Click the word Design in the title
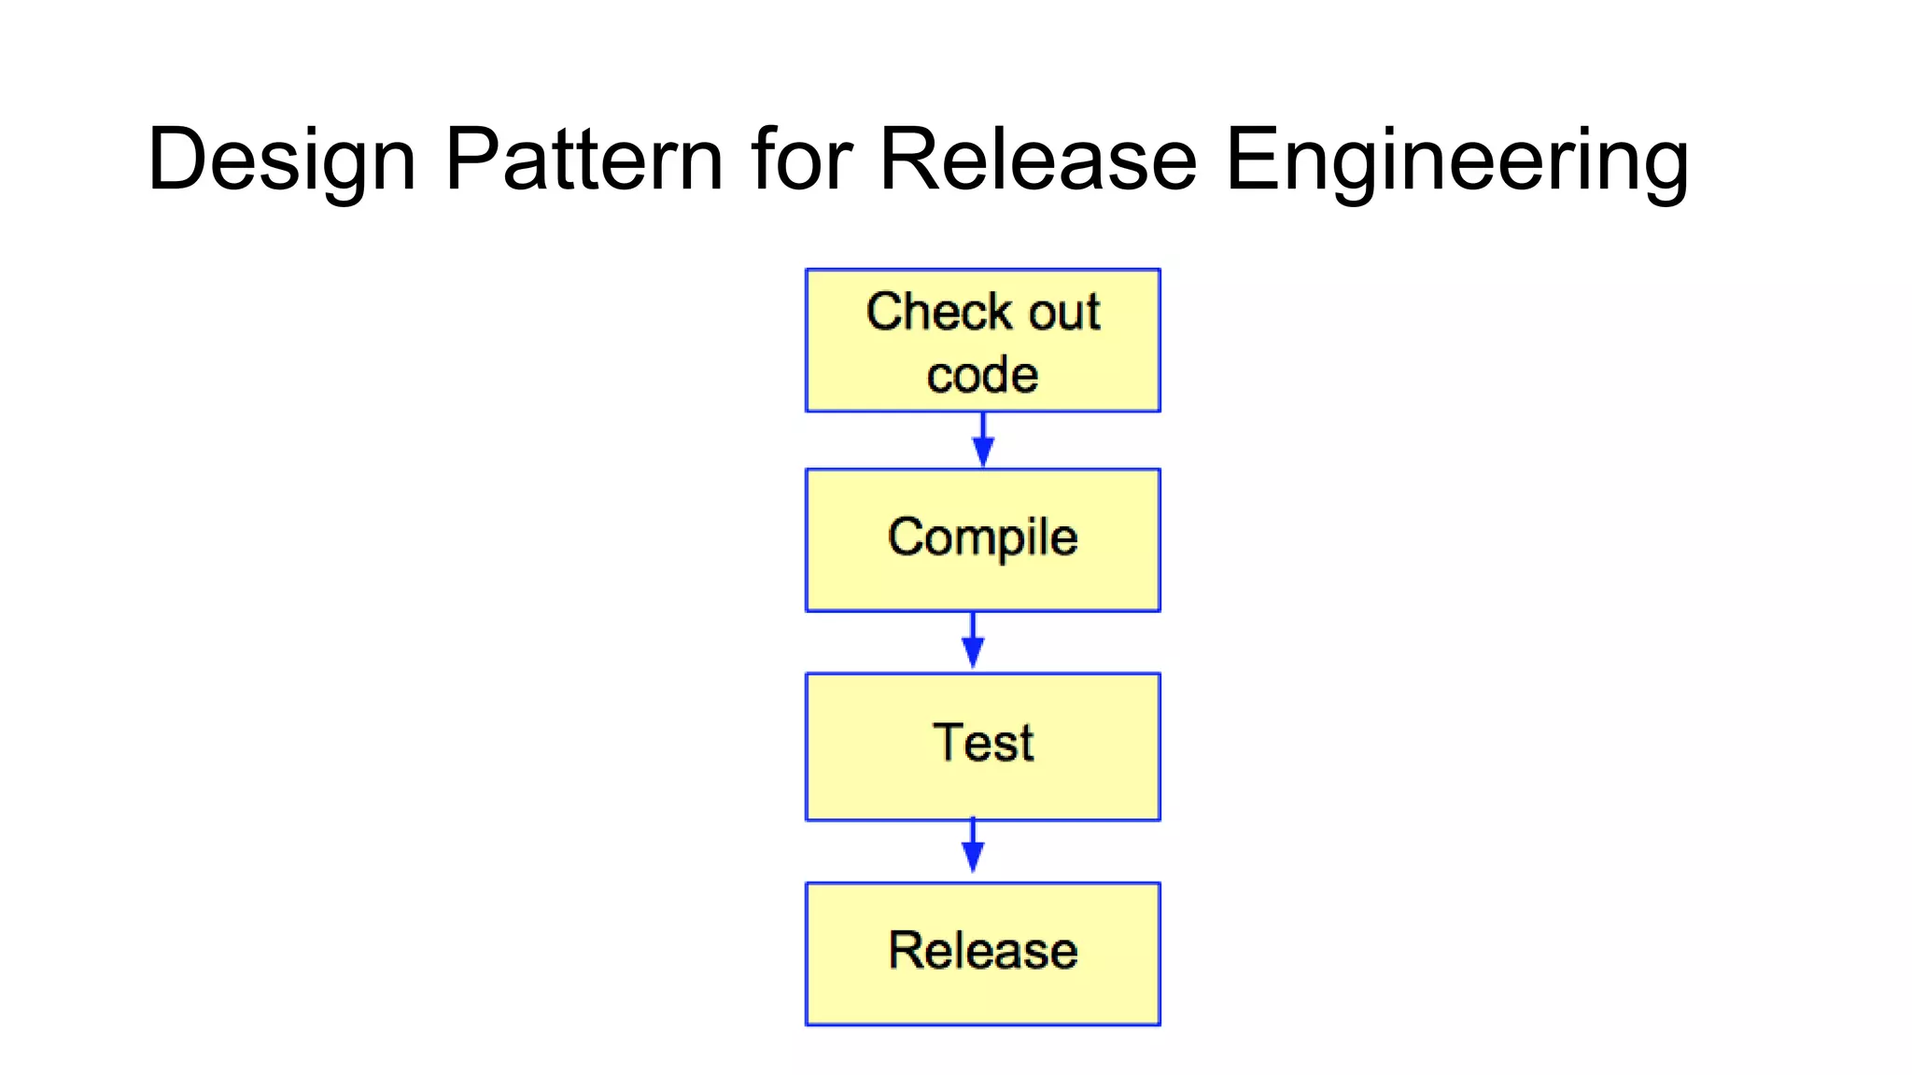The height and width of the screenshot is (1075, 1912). coord(281,161)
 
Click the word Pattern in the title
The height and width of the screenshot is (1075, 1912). coord(584,161)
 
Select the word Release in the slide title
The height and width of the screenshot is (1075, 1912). coord(1038,161)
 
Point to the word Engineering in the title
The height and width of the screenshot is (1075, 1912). coord(1456,161)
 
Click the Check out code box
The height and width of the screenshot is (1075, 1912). coord(982,341)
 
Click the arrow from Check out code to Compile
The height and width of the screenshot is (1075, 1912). coord(982,440)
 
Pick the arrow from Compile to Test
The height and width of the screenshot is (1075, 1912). coord(973,641)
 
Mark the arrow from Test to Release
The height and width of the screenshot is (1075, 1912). coord(973,845)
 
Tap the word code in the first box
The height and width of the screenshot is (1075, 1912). coord(982,375)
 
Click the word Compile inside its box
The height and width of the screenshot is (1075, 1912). coord(982,537)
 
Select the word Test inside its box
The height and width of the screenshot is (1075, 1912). coord(982,743)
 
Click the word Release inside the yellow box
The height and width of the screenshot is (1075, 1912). coord(982,950)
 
